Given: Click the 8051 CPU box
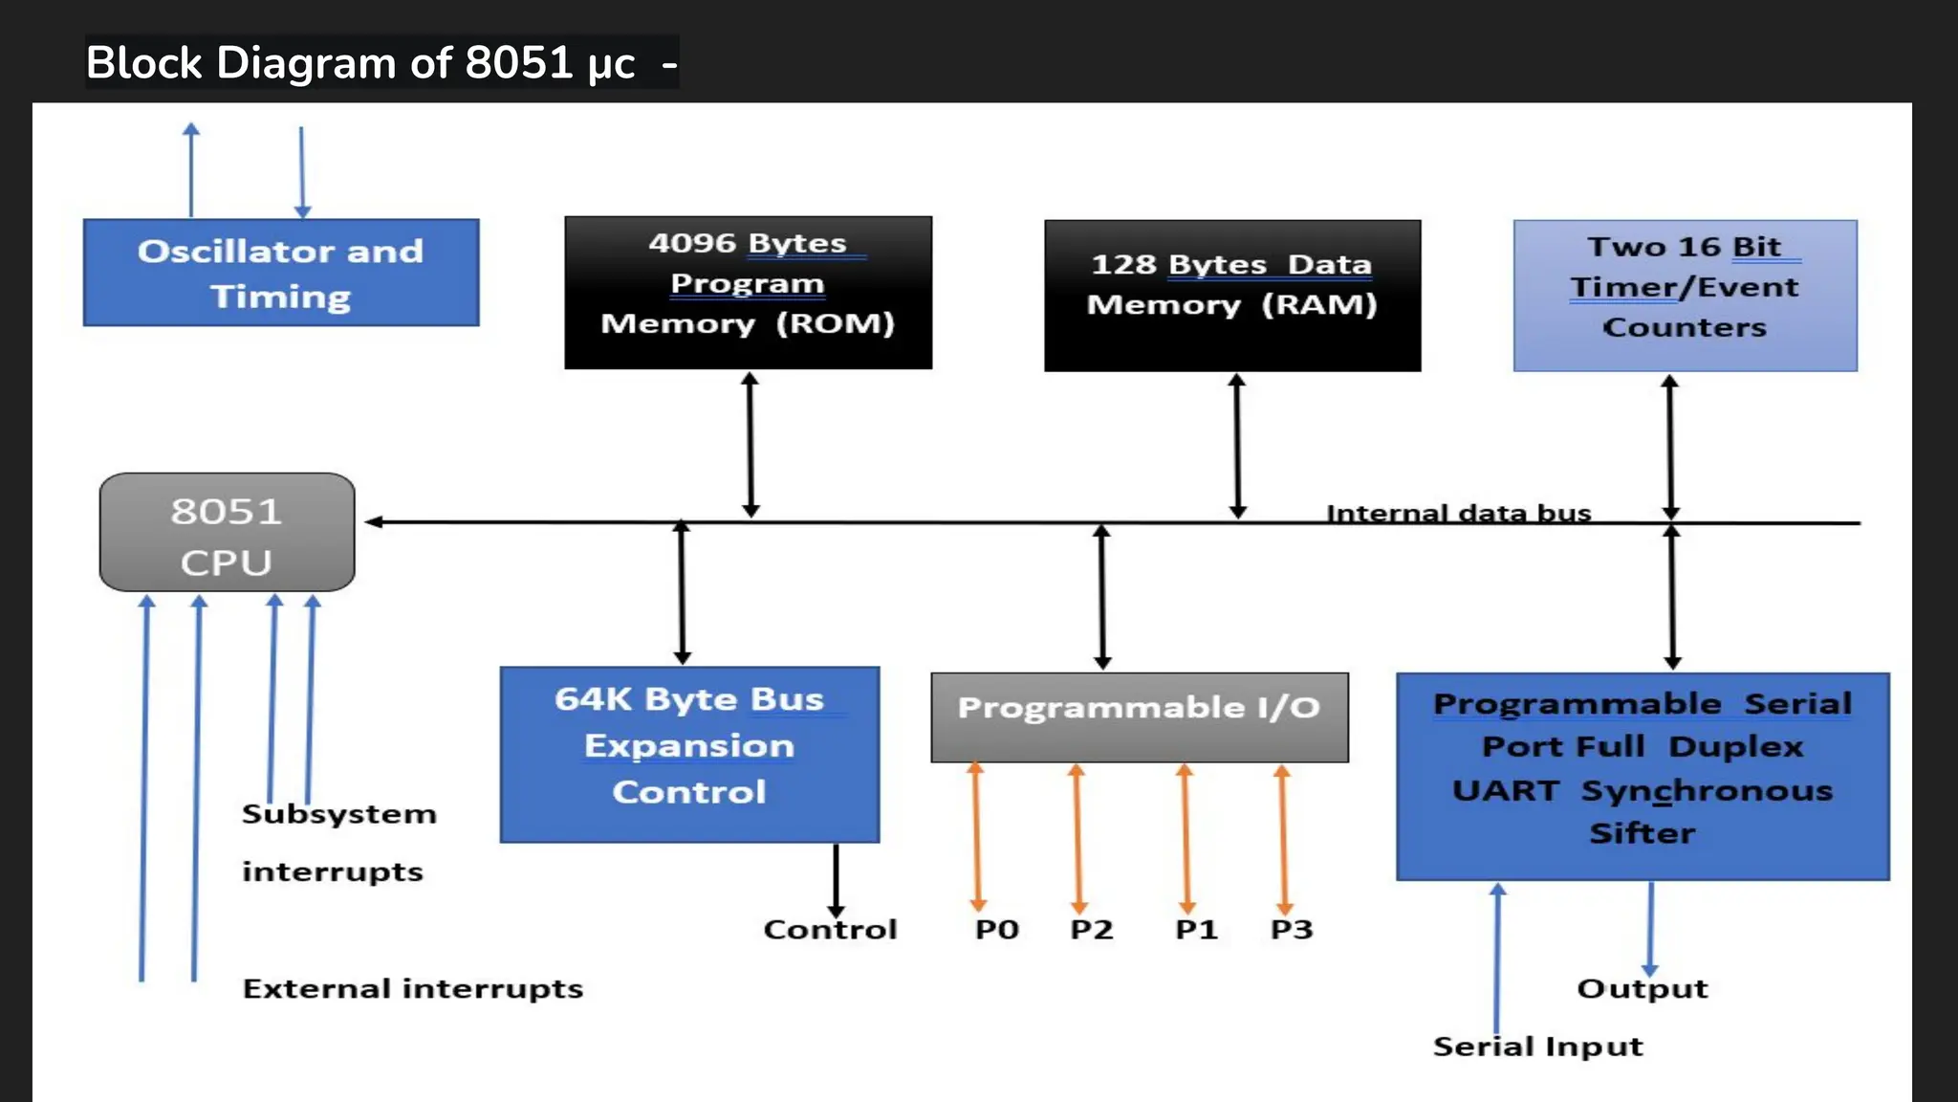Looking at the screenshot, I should (x=227, y=532).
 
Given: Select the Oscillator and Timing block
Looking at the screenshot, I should (x=281, y=273).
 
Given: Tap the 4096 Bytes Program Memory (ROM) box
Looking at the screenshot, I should (x=748, y=292).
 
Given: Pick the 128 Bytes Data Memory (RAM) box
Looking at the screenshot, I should (x=1231, y=295).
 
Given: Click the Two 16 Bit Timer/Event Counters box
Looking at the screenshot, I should (x=1685, y=295).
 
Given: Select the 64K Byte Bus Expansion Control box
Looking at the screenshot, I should (x=689, y=754).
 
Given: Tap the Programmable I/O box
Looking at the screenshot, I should (x=1139, y=716).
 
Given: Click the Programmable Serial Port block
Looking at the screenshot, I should (x=1642, y=776).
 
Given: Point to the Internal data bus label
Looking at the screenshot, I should (x=1458, y=513).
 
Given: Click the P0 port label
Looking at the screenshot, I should (x=996, y=929).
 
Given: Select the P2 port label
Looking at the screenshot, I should (x=1091, y=929).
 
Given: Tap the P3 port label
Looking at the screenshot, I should (x=1291, y=929).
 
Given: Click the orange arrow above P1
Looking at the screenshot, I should (x=1186, y=838).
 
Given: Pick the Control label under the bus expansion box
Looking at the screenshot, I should (x=830, y=929).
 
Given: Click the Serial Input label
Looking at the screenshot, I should (x=1537, y=1046).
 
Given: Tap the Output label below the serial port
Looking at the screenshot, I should (x=1642, y=988).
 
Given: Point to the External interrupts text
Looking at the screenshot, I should (x=412, y=988).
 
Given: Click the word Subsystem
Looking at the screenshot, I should (x=338, y=814).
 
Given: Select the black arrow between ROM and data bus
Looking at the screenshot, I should (x=751, y=445).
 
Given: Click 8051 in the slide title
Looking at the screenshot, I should (x=518, y=63).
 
